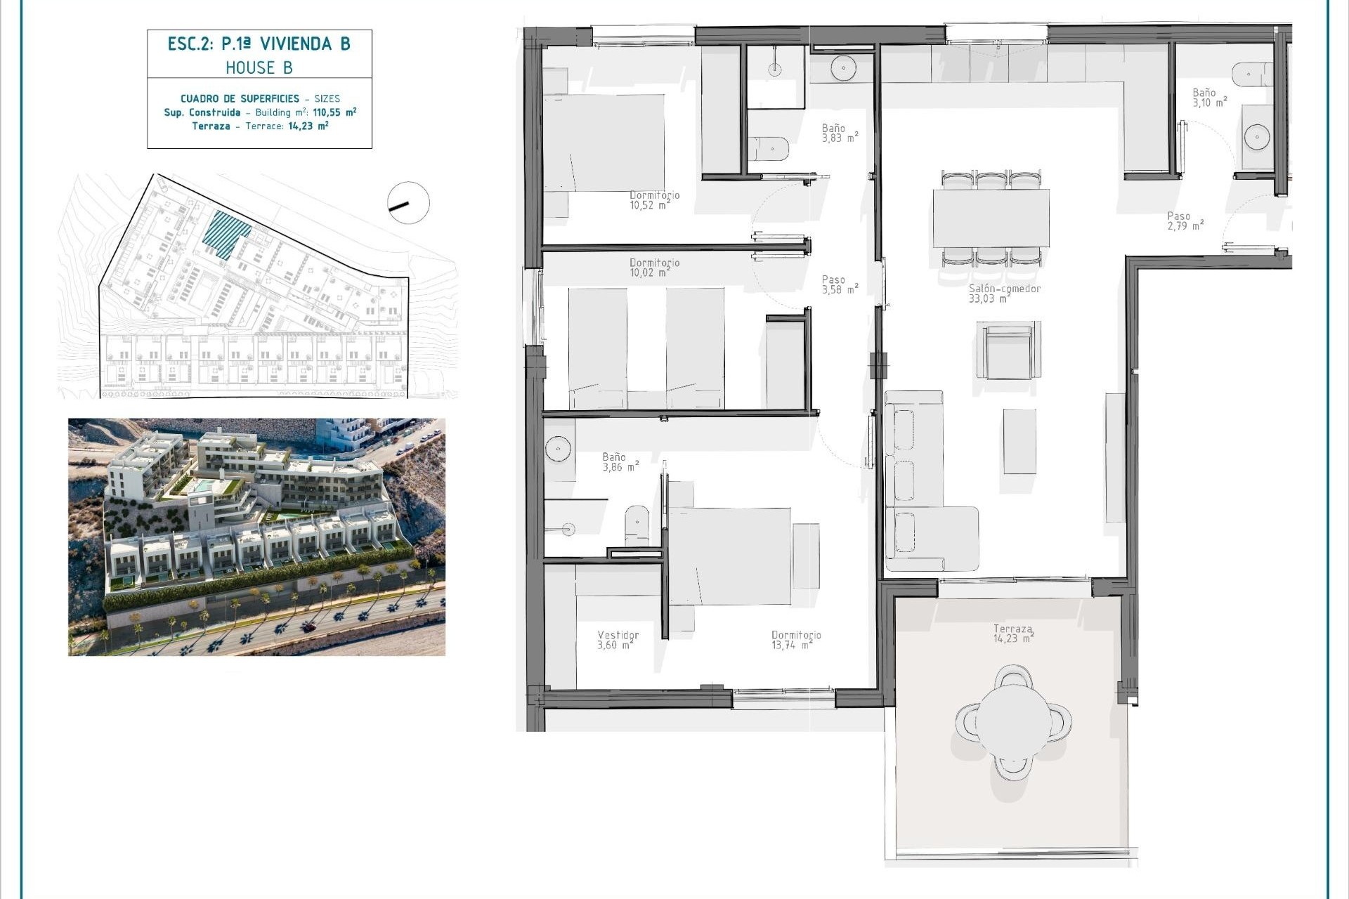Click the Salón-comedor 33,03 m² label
1004,294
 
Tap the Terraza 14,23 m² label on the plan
1013,634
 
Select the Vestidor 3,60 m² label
618,640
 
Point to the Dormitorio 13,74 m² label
795,640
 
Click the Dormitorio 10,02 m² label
654,268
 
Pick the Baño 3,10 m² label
1209,98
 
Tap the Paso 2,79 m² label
1185,221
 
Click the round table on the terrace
1013,721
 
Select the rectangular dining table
991,218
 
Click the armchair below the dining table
1008,350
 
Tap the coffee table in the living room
1019,442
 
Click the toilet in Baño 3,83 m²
769,149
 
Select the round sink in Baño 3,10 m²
1256,137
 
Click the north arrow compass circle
408,203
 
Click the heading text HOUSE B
259,67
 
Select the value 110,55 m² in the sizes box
334,112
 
